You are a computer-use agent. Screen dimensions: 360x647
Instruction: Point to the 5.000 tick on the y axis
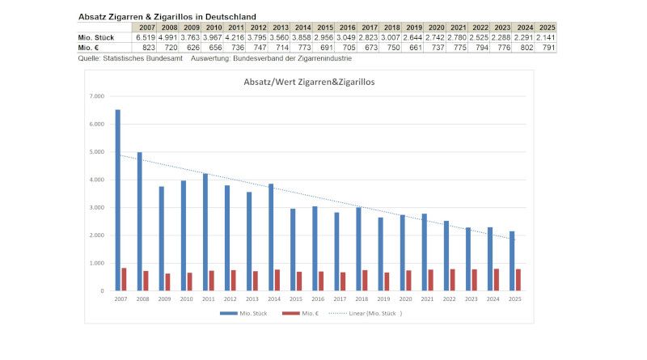(97, 151)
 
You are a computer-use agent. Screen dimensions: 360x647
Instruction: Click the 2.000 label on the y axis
(97, 235)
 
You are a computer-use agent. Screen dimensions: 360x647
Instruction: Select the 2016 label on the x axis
(319, 299)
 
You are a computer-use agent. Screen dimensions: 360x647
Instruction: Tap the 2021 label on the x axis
(428, 299)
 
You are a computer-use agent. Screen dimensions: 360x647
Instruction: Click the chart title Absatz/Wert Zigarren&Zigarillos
(309, 82)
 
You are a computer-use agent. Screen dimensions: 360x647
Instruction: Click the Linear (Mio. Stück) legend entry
(373, 313)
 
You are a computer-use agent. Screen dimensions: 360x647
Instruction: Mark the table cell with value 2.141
(546, 37)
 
